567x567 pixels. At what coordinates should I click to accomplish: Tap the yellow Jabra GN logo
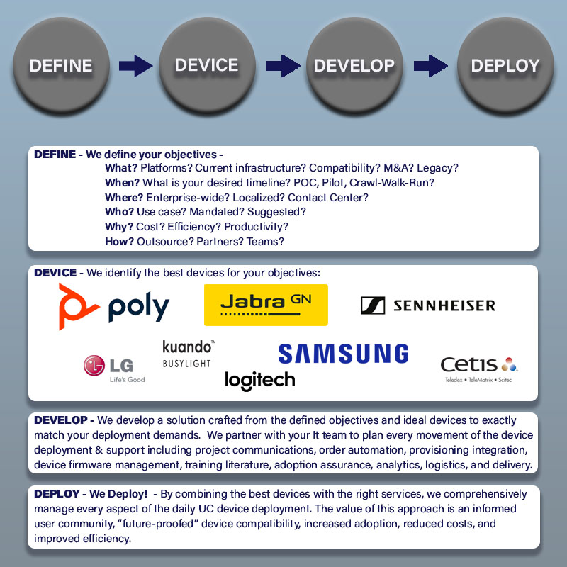pyautogui.click(x=266, y=305)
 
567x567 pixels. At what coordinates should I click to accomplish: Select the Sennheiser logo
pyautogui.click(x=428, y=305)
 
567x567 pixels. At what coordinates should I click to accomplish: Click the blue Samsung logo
pyautogui.click(x=343, y=354)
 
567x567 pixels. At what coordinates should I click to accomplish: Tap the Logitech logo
pyautogui.click(x=259, y=381)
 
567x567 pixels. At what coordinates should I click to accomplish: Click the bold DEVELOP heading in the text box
pyautogui.click(x=61, y=420)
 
